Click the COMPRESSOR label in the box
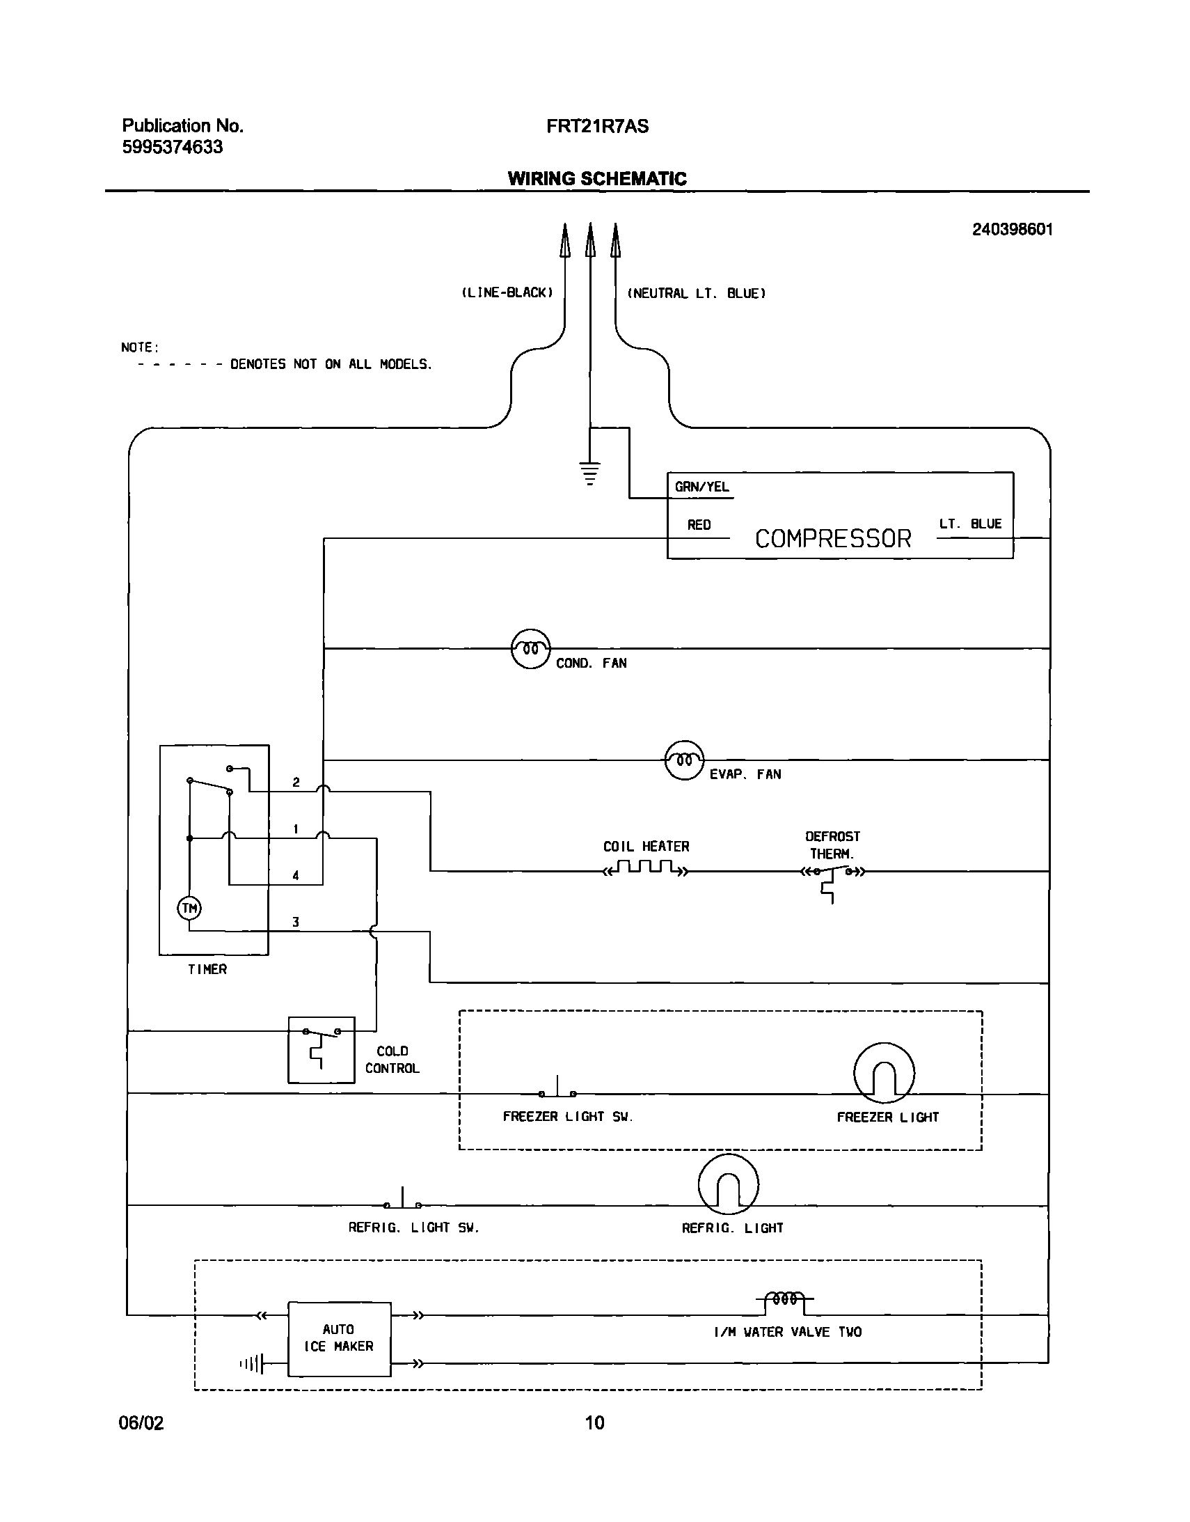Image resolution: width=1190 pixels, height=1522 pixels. click(x=832, y=539)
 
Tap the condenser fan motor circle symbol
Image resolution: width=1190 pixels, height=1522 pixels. click(x=531, y=649)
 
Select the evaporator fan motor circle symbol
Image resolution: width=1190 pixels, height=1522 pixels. click(x=684, y=760)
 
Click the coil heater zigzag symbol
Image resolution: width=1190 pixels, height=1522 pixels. click(x=646, y=868)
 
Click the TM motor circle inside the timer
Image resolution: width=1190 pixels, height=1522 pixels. click(x=189, y=908)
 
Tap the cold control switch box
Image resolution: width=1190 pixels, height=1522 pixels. click(x=322, y=1049)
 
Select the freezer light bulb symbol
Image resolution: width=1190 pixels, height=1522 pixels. click(x=883, y=1072)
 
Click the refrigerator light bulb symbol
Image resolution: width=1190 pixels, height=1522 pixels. click(x=728, y=1184)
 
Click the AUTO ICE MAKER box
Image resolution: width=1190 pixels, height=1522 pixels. click(x=340, y=1339)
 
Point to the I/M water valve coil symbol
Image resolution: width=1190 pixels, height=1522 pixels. click(x=785, y=1299)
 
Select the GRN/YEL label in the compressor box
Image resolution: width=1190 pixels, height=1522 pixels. click(x=701, y=487)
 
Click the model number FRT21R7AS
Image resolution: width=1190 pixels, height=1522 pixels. click(x=597, y=126)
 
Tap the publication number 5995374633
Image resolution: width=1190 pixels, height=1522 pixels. click(x=172, y=147)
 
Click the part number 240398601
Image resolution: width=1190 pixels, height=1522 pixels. click(x=1012, y=229)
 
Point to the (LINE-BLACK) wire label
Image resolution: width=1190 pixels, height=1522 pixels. click(x=507, y=292)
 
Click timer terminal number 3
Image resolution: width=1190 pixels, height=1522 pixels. click(x=295, y=922)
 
